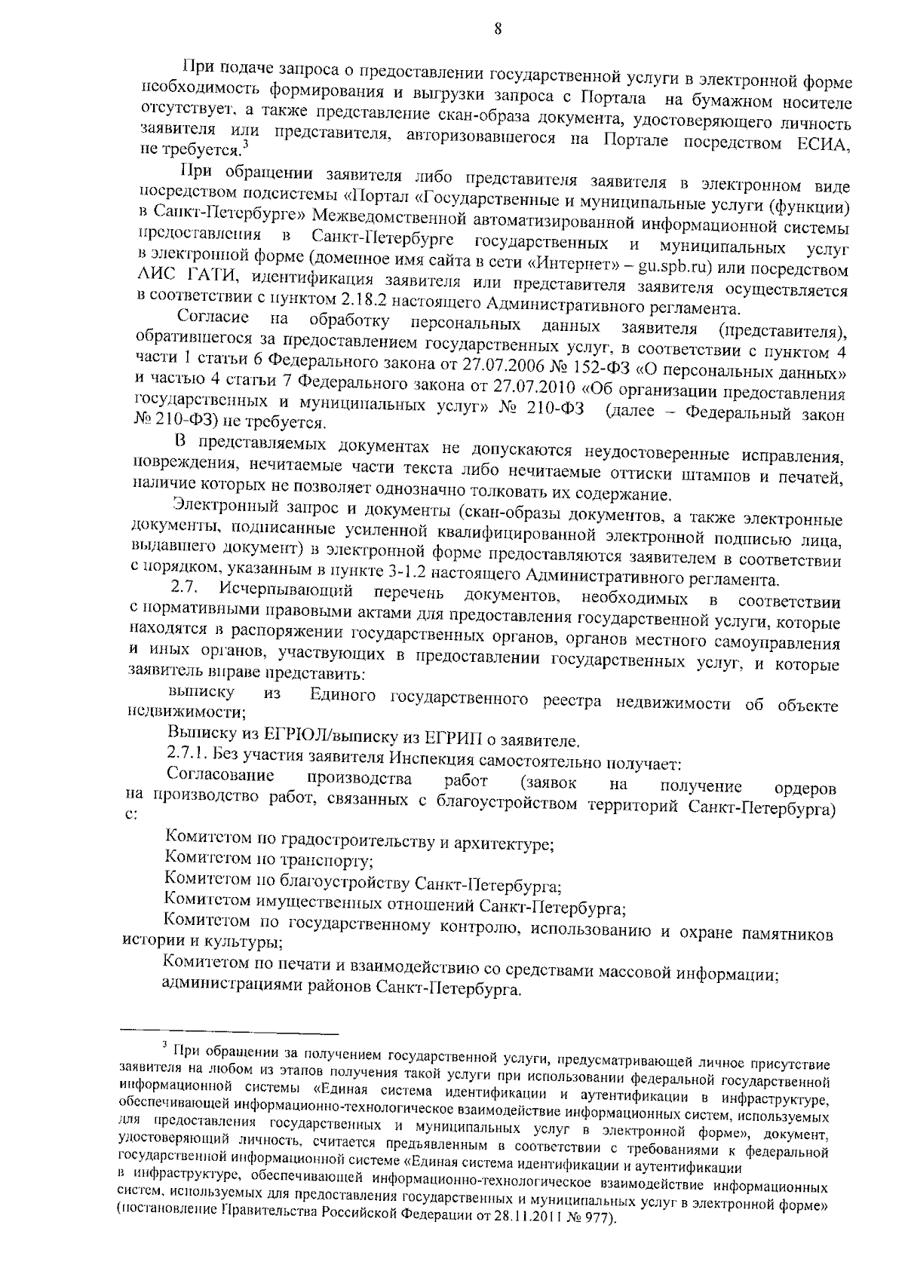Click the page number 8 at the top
tap(496, 29)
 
